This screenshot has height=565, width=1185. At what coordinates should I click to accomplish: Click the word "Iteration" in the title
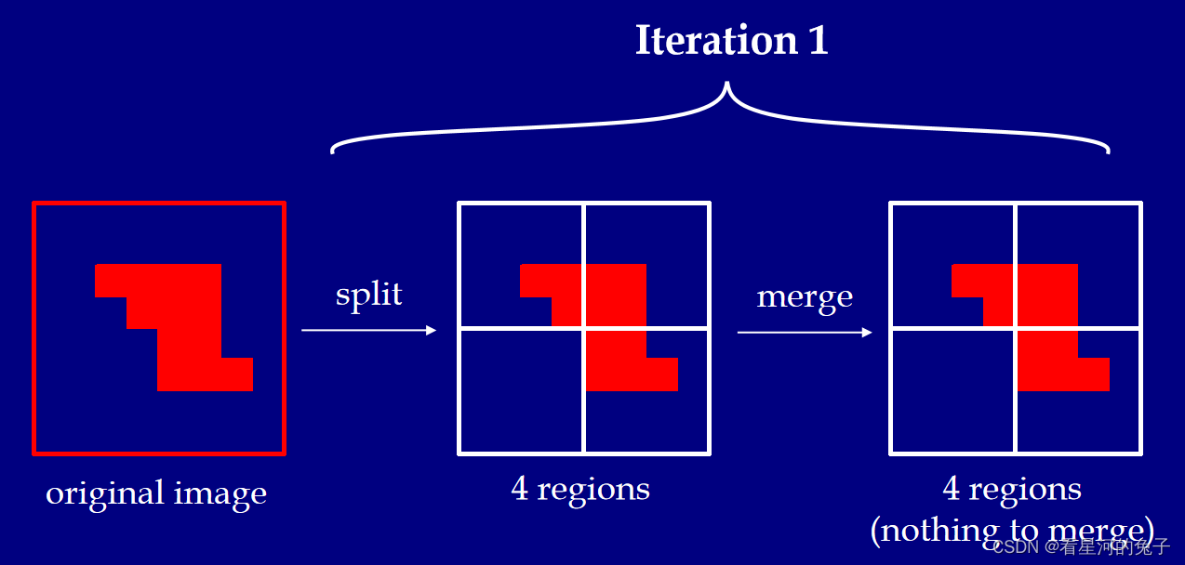click(x=715, y=41)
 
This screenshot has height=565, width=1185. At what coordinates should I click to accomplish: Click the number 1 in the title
click(x=818, y=41)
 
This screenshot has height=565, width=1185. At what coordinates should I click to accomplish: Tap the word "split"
click(x=368, y=294)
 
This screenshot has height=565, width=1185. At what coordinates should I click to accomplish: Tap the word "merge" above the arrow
click(x=805, y=296)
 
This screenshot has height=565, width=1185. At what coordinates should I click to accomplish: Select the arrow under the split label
click(x=368, y=330)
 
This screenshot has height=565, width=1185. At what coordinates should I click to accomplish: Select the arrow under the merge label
click(x=805, y=332)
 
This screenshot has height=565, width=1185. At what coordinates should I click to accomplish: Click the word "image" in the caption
click(x=226, y=493)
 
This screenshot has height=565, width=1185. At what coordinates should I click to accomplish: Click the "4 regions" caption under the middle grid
click(x=580, y=489)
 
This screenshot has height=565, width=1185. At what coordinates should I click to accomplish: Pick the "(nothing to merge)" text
click(x=1011, y=530)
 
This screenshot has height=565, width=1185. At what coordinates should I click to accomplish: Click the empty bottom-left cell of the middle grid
click(x=522, y=390)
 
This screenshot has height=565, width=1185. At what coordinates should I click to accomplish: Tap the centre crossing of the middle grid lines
click(x=584, y=328)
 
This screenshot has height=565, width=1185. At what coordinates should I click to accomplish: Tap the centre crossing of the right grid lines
click(x=1016, y=328)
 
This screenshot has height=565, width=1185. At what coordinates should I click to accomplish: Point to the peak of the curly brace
click(x=727, y=85)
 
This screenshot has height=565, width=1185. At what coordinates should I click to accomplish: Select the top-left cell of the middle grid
click(x=507, y=242)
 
